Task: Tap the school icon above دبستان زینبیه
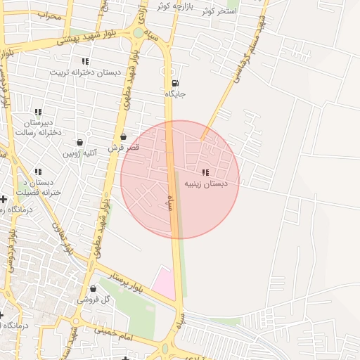pos(205,172)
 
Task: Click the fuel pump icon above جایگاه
pos(175,82)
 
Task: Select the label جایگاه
pos(175,94)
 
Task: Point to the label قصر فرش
pos(124,148)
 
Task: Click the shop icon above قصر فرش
pos(124,137)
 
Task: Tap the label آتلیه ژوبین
pos(79,153)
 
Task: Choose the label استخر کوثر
pos(218,12)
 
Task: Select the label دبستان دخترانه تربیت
pos(85,72)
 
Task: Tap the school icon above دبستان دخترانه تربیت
pos(85,62)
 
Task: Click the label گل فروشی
pos(94,300)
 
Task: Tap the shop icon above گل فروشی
pos(93,288)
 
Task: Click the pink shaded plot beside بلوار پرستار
pos(164,283)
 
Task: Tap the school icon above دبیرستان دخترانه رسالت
pos(38,112)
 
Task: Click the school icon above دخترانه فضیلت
pos(38,172)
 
